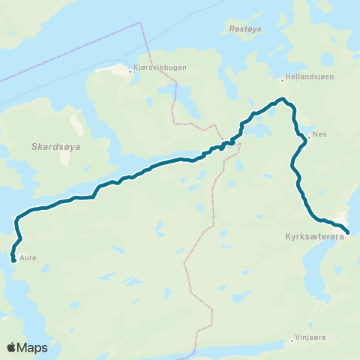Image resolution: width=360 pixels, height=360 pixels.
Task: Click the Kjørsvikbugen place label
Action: pos(160,67)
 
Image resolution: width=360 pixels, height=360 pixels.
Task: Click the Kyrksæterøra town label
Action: pos(314,236)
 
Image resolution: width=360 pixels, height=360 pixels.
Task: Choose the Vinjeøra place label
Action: pos(312,338)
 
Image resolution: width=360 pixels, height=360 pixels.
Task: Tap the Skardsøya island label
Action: pos(56,148)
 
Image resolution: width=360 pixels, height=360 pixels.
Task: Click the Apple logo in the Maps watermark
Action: pos(12,347)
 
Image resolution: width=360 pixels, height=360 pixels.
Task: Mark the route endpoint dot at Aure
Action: pos(14,260)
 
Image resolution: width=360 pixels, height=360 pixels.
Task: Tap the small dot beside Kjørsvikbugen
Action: pos(130,72)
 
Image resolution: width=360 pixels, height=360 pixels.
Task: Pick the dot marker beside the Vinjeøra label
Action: pos(292,341)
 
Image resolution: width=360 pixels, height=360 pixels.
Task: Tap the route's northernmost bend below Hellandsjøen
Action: pos(281,99)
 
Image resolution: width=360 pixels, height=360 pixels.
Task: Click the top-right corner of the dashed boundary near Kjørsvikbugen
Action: pos(139,22)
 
